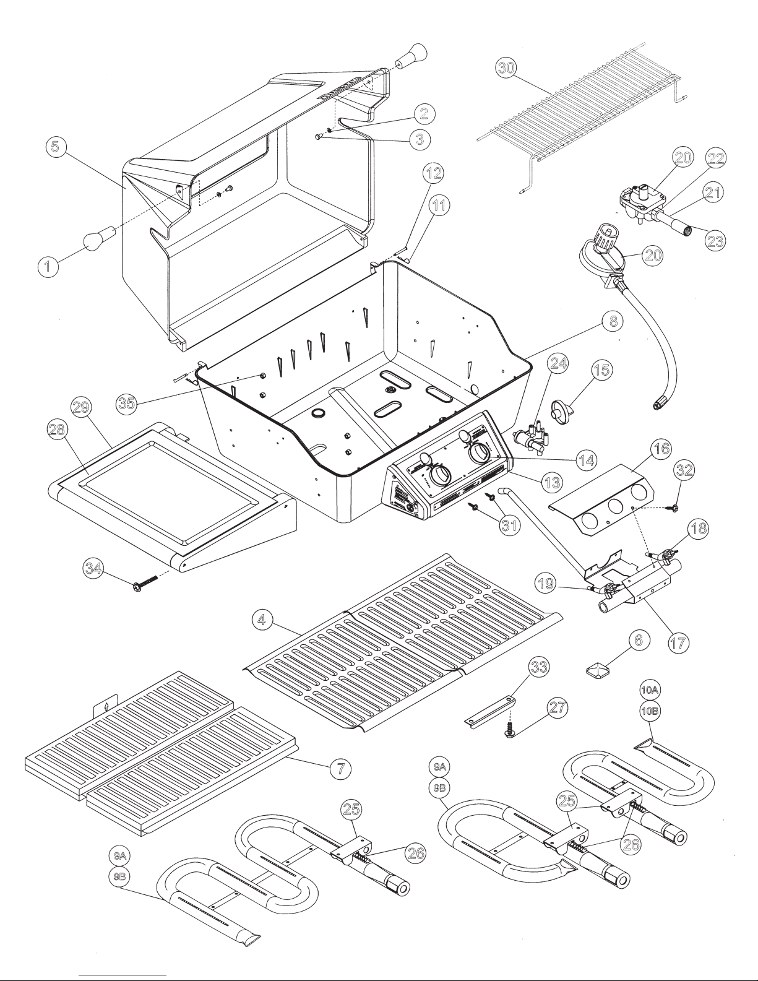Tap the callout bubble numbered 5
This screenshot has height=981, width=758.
click(x=56, y=148)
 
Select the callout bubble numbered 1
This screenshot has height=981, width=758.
click(x=47, y=267)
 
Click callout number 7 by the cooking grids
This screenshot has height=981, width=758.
click(x=340, y=768)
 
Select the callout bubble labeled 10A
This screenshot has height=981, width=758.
click(x=649, y=688)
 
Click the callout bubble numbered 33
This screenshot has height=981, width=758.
click(x=539, y=667)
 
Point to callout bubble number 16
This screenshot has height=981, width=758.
click(x=662, y=448)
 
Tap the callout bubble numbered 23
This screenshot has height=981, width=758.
click(x=715, y=241)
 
